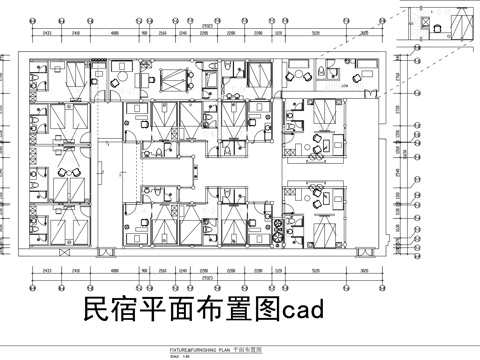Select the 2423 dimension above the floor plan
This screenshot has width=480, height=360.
tap(48, 32)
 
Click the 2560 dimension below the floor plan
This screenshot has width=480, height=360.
tap(163, 270)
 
